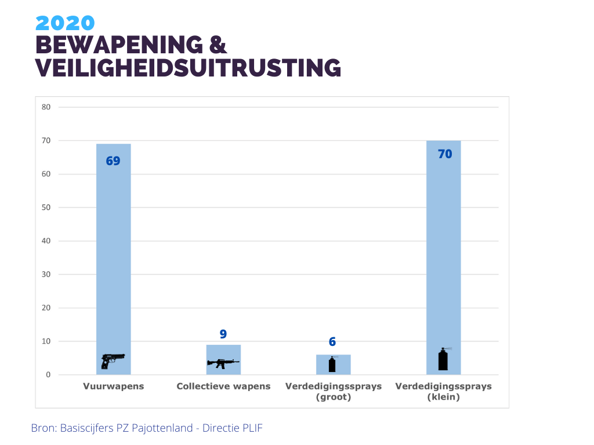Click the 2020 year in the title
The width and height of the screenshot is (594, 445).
(65, 23)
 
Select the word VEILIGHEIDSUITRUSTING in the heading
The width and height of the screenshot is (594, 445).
(188, 68)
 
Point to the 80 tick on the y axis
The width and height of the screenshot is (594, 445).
(46, 107)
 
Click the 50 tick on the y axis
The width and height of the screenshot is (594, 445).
(46, 207)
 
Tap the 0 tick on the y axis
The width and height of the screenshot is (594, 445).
(48, 375)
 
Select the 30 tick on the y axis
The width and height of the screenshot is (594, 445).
(46, 275)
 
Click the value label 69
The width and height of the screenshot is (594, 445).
(113, 161)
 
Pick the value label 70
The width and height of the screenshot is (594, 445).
(445, 154)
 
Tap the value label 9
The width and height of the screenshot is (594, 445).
(223, 334)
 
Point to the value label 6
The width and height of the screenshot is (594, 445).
(332, 342)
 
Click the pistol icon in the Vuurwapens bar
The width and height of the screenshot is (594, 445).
(113, 360)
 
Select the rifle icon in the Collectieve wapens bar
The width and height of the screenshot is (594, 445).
(223, 363)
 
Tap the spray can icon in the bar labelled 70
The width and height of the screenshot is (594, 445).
(444, 359)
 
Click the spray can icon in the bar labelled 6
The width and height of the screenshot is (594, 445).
(332, 364)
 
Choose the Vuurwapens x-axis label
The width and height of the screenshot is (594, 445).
(113, 386)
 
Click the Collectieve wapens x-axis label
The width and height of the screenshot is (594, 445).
(223, 386)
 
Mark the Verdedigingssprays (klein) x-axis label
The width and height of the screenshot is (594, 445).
(443, 392)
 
